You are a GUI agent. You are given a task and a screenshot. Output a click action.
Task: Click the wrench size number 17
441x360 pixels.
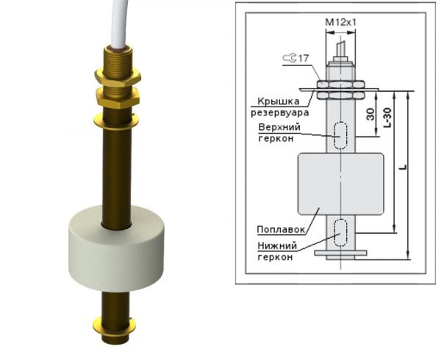pos(302,57)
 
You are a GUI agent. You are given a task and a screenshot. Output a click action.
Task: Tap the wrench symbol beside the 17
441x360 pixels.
pos(287,57)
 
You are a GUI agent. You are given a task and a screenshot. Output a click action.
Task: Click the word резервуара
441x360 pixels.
pos(275,113)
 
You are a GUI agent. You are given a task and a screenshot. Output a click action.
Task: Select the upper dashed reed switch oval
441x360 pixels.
pos(340,135)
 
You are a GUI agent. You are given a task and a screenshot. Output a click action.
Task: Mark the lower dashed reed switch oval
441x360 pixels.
pos(340,232)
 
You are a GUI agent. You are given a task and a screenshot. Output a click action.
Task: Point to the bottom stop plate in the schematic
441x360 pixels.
pos(340,253)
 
